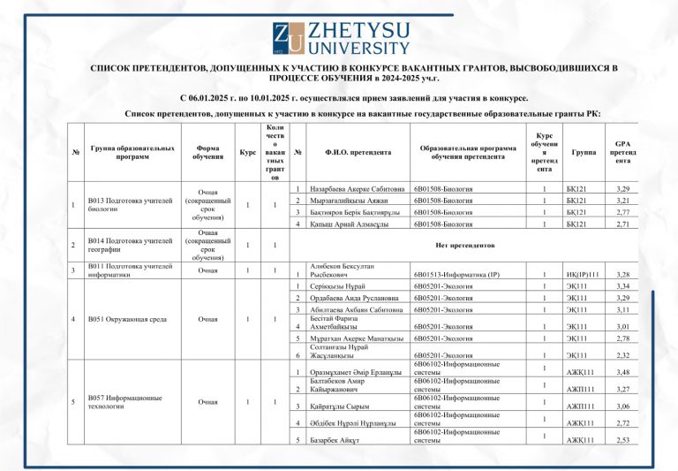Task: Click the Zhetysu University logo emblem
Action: [289, 39]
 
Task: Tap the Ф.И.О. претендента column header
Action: [358, 153]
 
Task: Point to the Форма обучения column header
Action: [207, 152]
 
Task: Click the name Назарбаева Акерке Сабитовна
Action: [358, 189]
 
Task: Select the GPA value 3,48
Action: [622, 372]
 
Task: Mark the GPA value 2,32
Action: [622, 355]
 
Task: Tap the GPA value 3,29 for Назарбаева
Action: [622, 189]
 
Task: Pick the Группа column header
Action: [584, 152]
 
